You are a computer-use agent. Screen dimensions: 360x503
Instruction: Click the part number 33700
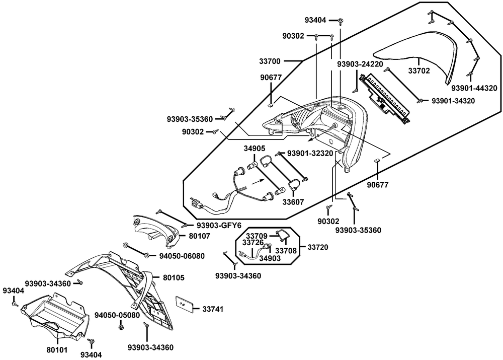click(271, 61)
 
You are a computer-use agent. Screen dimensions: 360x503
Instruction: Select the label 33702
click(418, 71)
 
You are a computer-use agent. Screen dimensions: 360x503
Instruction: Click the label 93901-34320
click(453, 101)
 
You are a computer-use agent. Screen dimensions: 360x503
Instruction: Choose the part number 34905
click(255, 149)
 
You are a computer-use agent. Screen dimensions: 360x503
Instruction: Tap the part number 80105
click(174, 277)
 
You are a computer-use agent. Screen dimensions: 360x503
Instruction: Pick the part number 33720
click(318, 248)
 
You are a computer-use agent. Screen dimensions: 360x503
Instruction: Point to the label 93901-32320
click(310, 153)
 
